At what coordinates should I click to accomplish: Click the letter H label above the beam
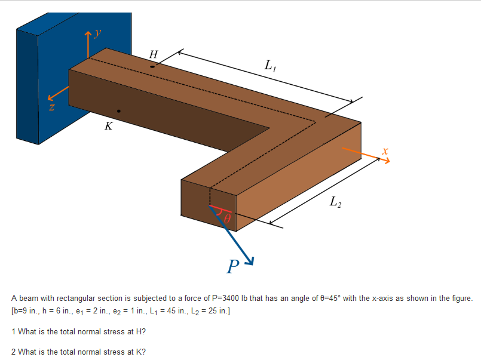tap(154, 54)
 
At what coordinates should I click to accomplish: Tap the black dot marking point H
tap(152, 66)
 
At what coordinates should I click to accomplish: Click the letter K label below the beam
tap(108, 126)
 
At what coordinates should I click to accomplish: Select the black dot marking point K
tap(119, 111)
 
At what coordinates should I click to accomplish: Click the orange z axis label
tap(52, 108)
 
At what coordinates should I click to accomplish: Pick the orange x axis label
tap(385, 152)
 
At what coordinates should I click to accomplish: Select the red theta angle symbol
tap(227, 219)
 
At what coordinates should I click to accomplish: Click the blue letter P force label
tap(233, 266)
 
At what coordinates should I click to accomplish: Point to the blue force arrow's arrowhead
tap(252, 260)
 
